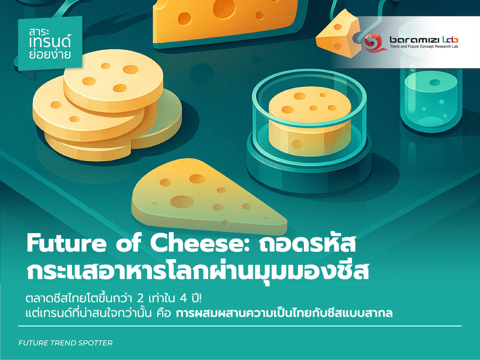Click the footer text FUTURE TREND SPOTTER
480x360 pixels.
tap(66, 343)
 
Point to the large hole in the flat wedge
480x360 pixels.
tap(182, 200)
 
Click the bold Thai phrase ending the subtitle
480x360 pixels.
tap(284, 313)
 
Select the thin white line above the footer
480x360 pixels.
tap(240, 326)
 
